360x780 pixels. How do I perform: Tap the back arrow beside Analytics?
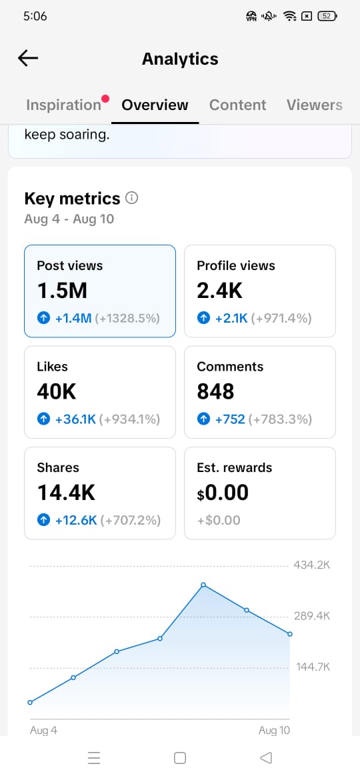pos(28,59)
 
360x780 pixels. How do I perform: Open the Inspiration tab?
pos(63,105)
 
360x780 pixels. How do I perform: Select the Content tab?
pos(238,105)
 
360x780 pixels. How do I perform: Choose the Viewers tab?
pos(314,105)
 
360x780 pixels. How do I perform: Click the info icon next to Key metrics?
pos(132,198)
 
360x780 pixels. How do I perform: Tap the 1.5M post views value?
pos(62,291)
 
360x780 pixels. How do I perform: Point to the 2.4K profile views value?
pos(220,291)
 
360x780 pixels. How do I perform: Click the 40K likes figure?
pos(57,392)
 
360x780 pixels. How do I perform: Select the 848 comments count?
pos(215,392)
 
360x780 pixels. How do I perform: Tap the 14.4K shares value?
pos(66,493)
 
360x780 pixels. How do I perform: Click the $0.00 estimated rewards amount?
pos(223,493)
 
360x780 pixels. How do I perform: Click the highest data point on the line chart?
pos(203,585)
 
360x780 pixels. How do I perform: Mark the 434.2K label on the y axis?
pos(312,565)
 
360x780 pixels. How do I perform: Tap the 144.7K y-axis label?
pos(313,667)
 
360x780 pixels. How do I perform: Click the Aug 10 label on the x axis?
pos(274,730)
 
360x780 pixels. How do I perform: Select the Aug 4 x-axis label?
pos(44,730)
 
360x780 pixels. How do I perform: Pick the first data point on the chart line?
pos(30,703)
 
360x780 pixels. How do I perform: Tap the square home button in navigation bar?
pos(180,757)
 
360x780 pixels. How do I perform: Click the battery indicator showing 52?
pos(327,17)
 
